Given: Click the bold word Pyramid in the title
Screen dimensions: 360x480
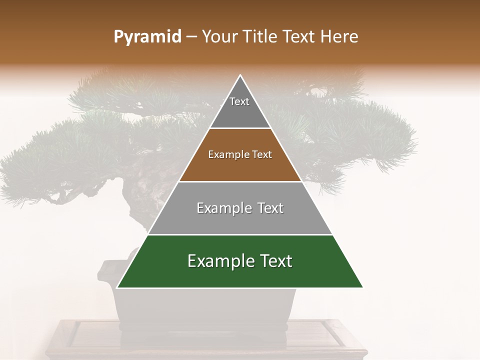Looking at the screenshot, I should click(x=147, y=37).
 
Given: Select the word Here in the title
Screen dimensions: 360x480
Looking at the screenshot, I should click(x=340, y=37).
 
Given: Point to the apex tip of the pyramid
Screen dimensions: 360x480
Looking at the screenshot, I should click(x=240, y=76).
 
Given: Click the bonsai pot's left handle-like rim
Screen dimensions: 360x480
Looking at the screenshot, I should click(x=106, y=272).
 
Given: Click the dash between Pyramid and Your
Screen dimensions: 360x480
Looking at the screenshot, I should click(x=191, y=37).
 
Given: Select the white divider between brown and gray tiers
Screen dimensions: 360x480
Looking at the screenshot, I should click(x=240, y=181).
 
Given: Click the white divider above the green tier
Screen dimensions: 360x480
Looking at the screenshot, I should click(x=240, y=234).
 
